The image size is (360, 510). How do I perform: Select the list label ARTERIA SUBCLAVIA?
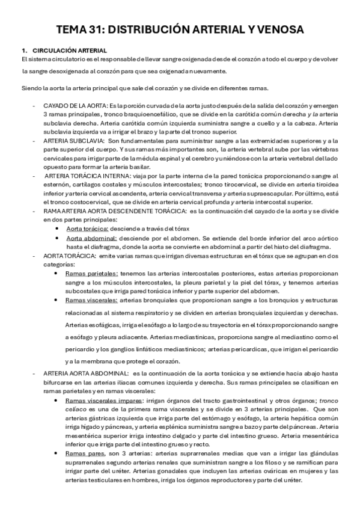coord(72,140)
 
